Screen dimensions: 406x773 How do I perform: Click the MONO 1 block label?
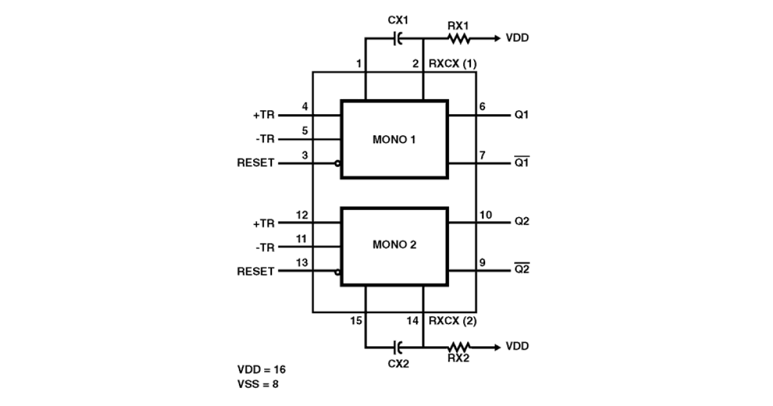[394, 139]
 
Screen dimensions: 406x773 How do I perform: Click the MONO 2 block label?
[394, 245]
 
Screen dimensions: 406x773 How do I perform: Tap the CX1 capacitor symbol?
[397, 39]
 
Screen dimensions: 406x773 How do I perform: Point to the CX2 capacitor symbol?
[397, 347]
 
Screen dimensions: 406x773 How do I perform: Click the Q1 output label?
[522, 115]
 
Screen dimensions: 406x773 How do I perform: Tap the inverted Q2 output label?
[522, 270]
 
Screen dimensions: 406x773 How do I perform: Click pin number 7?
[482, 155]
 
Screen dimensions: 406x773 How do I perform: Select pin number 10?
[486, 215]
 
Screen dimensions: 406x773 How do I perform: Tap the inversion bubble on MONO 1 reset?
[338, 163]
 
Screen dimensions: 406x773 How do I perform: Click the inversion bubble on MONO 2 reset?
[338, 272]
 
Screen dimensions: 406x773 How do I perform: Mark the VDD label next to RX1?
[517, 39]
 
